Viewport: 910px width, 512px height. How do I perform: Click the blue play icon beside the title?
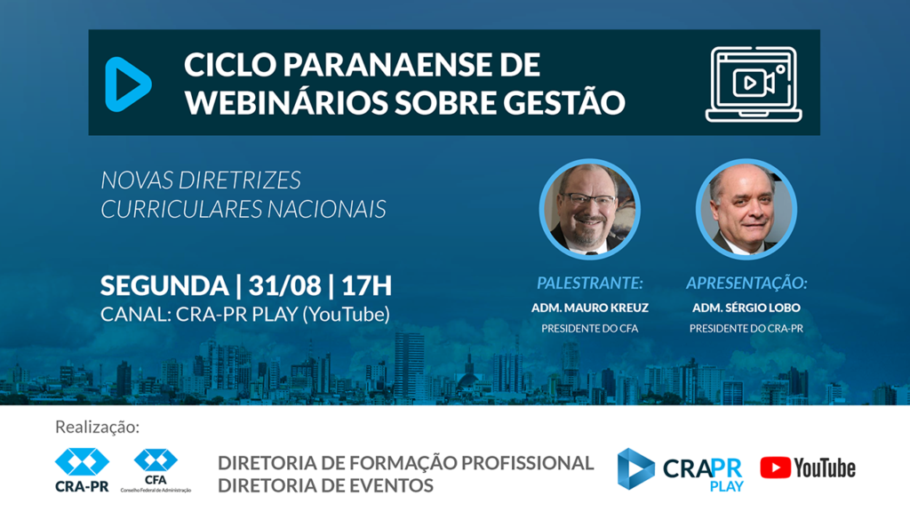click(128, 84)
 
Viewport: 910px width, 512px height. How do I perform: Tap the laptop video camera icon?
click(754, 84)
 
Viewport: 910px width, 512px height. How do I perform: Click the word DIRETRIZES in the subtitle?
click(239, 180)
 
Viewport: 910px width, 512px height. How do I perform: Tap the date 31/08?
click(284, 285)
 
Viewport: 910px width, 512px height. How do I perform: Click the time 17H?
click(366, 285)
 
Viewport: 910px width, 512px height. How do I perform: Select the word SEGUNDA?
click(164, 285)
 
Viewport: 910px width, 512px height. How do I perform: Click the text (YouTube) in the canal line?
click(346, 315)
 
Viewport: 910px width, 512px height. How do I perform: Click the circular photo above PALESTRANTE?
click(590, 209)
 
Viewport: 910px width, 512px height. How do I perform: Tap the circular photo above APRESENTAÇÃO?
click(746, 209)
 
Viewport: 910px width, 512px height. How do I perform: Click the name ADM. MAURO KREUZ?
click(590, 308)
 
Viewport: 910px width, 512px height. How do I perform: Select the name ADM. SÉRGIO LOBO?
click(746, 308)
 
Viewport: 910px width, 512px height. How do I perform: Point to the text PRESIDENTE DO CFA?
click(590, 329)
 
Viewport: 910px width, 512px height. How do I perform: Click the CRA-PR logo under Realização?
click(82, 469)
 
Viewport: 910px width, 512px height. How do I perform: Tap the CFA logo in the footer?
click(156, 470)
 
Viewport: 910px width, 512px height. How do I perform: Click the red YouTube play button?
click(775, 468)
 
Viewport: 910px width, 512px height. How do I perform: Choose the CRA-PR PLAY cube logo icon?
click(635, 468)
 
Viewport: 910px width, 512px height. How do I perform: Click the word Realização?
click(98, 428)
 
